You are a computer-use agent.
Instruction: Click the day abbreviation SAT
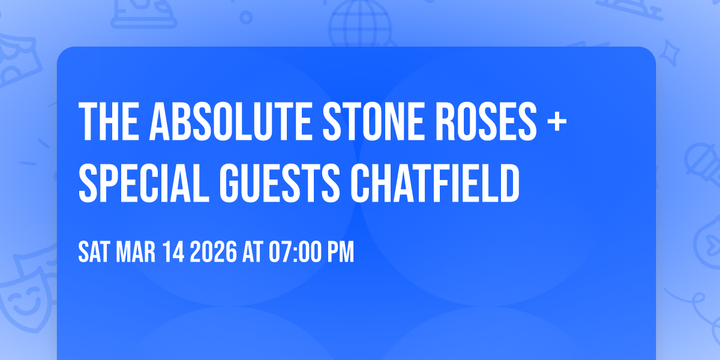93,253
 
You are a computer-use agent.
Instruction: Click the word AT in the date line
252,253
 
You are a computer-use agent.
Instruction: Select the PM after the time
339,253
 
